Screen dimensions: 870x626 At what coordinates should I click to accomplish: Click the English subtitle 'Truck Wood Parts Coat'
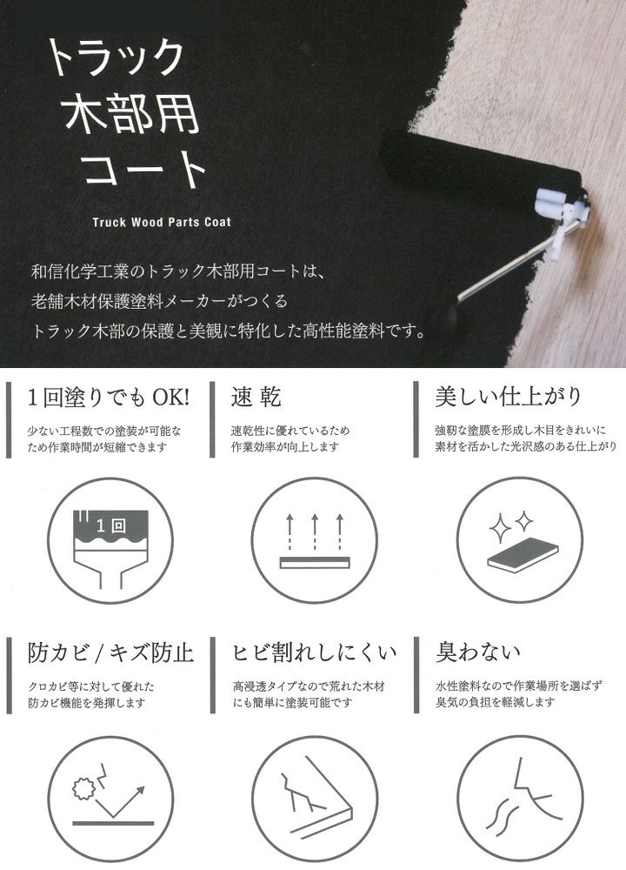coord(162,222)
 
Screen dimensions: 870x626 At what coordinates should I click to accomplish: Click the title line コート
coord(144,168)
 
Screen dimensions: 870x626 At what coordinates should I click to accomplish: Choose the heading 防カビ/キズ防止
coord(111,652)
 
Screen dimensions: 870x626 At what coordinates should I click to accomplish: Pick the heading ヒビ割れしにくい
coord(314,652)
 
